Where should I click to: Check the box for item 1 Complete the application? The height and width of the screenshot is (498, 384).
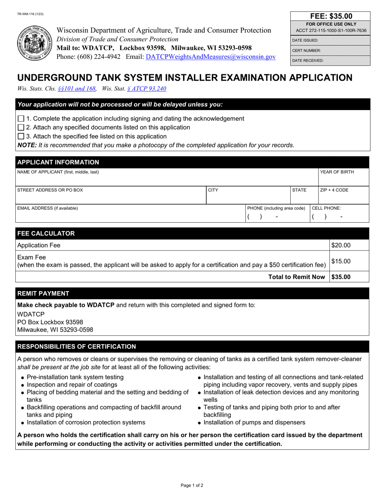click(21, 119)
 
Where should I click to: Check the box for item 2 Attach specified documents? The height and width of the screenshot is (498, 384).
click(21, 128)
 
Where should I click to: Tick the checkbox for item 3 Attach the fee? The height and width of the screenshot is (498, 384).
click(21, 136)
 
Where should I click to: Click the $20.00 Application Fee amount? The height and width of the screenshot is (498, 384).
click(341, 245)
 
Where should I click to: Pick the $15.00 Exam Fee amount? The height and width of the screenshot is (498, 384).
click(341, 262)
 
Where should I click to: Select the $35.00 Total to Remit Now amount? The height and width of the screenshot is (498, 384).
click(341, 277)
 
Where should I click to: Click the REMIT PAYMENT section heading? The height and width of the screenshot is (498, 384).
click(43, 294)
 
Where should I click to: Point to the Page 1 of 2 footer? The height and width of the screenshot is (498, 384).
click(192, 485)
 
